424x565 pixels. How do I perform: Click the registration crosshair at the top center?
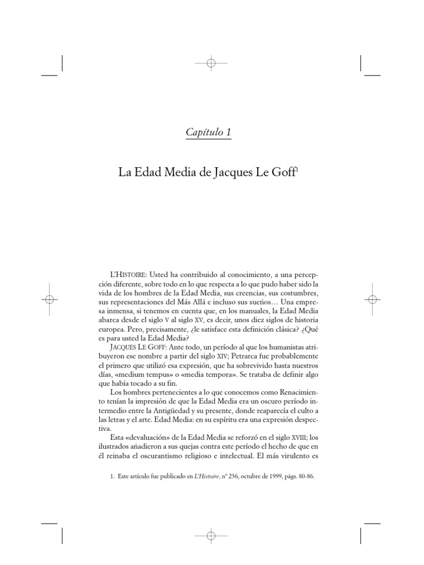pos(210,63)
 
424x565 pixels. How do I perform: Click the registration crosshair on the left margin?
pos(49,299)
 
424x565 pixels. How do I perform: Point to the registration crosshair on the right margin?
pos(373,299)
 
